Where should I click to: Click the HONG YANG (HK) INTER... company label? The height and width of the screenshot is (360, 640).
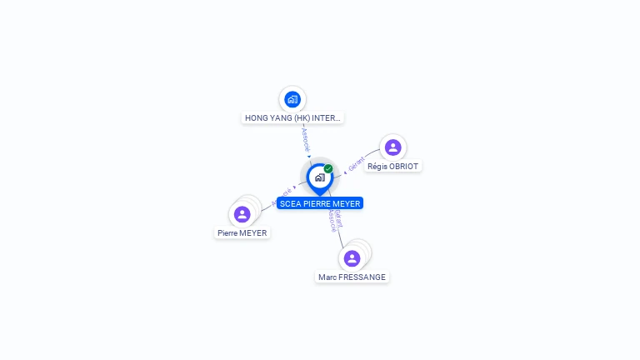[292, 118]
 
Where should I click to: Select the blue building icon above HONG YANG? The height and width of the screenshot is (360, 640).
[292, 99]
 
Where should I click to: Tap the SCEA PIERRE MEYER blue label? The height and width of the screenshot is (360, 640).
[320, 203]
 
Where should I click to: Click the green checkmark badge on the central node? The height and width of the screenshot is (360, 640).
[328, 168]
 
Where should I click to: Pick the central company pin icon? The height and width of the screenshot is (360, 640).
[319, 177]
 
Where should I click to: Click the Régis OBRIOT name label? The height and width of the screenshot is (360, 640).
[392, 166]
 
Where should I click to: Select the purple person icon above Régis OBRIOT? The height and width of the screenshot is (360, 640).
[392, 147]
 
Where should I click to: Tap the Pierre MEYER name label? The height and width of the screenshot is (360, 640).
[242, 233]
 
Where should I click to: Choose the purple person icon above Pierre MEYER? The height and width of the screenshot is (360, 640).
[242, 214]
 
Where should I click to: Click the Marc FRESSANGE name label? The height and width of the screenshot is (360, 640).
[352, 277]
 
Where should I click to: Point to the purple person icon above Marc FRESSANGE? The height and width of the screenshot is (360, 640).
[352, 258]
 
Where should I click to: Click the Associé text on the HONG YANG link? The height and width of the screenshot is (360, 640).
[305, 137]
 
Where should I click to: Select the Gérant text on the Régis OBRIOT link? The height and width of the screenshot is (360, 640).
[357, 164]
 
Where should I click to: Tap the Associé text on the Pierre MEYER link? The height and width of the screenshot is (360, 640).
[282, 196]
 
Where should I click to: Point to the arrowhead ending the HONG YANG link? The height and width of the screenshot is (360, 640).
[309, 156]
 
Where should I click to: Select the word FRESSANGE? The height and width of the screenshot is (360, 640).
[362, 277]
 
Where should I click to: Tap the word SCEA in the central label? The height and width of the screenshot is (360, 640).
[290, 203]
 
